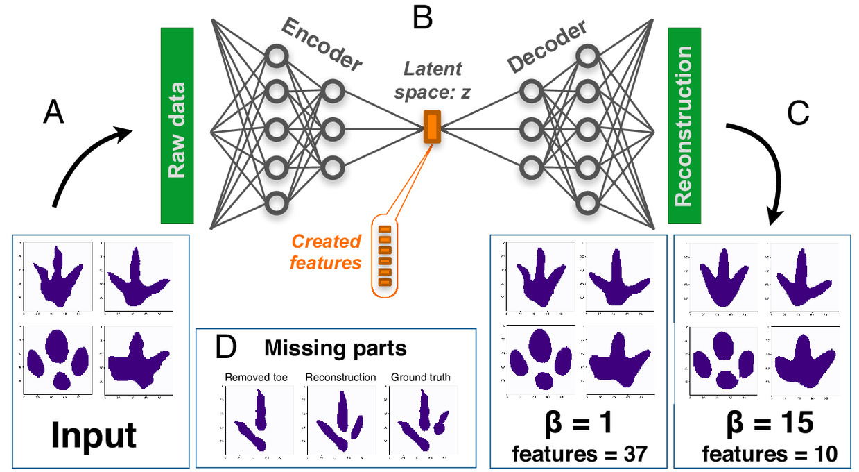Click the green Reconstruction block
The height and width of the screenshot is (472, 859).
tap(684, 126)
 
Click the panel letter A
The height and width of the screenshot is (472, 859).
tap(53, 111)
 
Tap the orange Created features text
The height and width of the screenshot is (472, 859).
tap(327, 252)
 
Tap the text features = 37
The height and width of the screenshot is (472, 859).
tap(579, 454)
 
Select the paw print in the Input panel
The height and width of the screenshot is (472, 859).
tap(58, 359)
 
